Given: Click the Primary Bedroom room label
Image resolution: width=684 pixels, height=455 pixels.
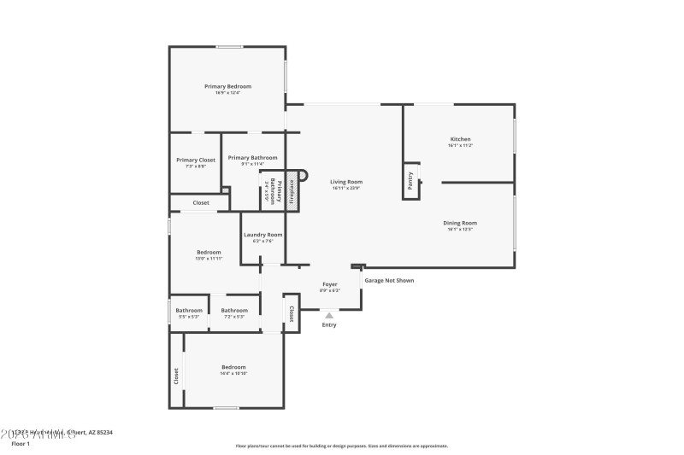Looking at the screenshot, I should [x=227, y=86].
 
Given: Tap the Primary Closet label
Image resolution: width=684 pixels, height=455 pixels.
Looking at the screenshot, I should [x=196, y=160].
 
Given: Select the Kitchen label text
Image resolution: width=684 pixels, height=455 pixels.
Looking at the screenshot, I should [x=461, y=139].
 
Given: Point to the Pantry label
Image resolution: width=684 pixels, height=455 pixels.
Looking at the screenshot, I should [x=411, y=181].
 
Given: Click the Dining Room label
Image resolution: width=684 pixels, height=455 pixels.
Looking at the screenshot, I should [x=461, y=223].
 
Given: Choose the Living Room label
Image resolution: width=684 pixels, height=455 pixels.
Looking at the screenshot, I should [x=347, y=181].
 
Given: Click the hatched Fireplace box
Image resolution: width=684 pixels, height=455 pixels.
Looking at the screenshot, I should [x=291, y=192].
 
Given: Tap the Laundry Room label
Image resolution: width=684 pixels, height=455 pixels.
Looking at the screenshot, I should [x=262, y=235].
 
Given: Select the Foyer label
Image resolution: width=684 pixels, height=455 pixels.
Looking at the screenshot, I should [x=329, y=283].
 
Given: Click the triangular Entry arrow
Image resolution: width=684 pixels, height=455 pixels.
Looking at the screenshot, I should [x=329, y=315].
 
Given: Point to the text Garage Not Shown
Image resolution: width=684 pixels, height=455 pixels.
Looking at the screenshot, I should [x=389, y=280].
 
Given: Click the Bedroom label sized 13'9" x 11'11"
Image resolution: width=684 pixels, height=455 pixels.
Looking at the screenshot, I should [x=209, y=252].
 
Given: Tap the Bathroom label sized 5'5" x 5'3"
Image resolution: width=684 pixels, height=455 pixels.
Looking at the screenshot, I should [x=189, y=310].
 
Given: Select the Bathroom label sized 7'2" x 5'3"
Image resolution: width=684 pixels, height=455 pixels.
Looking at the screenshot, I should [x=233, y=310].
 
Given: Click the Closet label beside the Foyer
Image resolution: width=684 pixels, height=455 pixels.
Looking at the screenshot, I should [x=292, y=314].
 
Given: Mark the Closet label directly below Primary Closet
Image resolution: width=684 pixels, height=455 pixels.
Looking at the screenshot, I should [x=201, y=202].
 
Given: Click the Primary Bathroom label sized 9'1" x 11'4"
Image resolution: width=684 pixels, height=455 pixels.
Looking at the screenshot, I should [x=252, y=157].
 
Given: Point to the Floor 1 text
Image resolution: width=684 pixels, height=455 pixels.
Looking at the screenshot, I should [x=21, y=444].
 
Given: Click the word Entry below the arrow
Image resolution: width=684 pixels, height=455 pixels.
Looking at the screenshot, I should [x=329, y=324].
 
